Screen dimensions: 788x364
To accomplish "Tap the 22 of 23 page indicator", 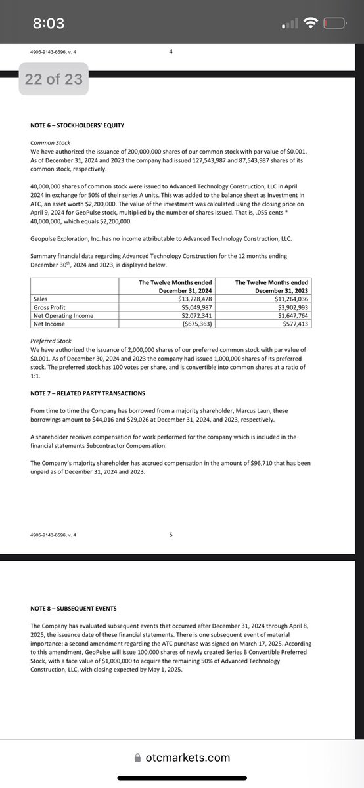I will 54,79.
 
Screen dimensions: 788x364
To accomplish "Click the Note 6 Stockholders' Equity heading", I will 77,125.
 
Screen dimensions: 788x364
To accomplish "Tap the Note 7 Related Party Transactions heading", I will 88,392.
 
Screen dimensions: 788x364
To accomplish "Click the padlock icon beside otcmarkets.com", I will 137,757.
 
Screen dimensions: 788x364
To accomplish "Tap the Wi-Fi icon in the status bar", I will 311,23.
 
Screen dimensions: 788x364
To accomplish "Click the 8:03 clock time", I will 49,24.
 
